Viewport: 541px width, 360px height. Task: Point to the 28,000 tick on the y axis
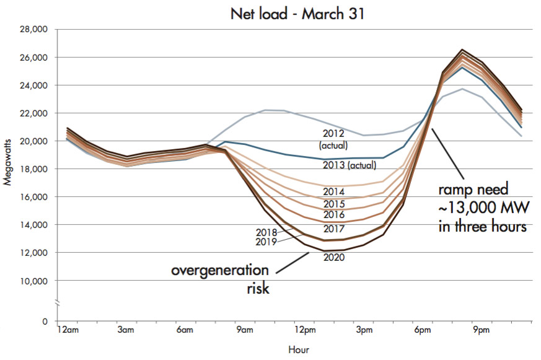[35, 29]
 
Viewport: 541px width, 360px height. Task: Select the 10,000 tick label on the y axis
[35, 281]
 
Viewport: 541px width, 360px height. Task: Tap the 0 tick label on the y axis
[45, 322]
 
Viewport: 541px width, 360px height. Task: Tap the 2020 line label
[333, 257]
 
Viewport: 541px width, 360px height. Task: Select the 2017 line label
[333, 229]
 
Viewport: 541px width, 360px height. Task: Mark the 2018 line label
[266, 232]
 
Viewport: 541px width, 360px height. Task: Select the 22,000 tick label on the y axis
[35, 113]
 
